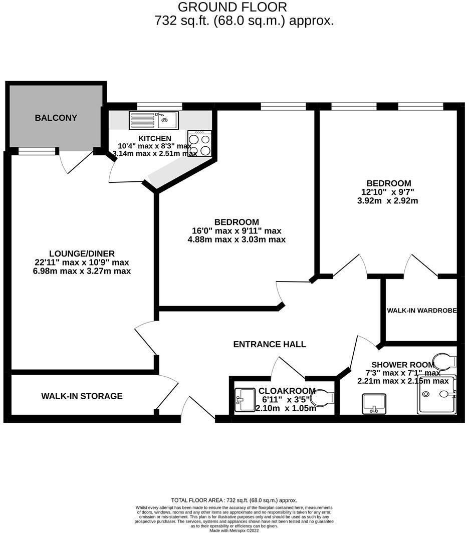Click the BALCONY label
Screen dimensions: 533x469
[x=56, y=118]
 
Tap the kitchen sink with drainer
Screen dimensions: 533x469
[x=153, y=120]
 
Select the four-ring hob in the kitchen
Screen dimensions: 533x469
[x=199, y=143]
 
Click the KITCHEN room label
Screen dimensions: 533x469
[x=155, y=138]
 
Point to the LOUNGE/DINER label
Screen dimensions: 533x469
[x=82, y=253]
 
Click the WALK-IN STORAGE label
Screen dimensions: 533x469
[x=82, y=396]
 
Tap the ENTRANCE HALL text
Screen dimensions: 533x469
[x=270, y=344]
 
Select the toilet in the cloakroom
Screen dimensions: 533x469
[x=322, y=399]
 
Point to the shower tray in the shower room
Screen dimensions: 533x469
[x=437, y=395]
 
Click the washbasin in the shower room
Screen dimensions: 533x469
[x=374, y=403]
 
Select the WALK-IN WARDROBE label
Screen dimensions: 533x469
[x=422, y=311]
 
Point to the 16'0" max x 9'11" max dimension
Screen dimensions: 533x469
[x=237, y=231]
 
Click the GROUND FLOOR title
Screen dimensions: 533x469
[x=232, y=8]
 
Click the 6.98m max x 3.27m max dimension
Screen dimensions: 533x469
[x=82, y=271]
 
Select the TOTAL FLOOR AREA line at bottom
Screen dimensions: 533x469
[x=234, y=500]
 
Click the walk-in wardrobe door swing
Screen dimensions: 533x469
[x=420, y=264]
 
